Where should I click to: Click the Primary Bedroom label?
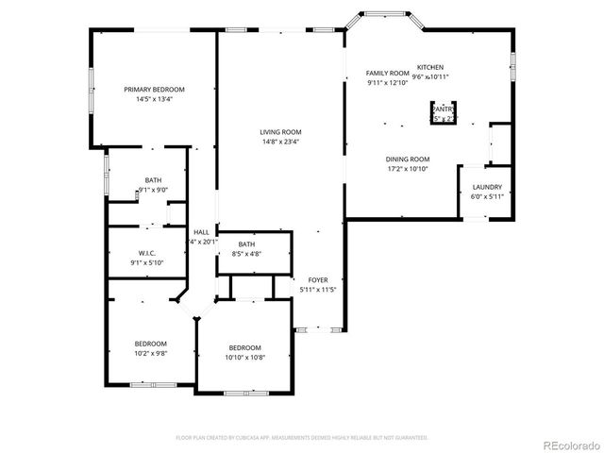click(154, 89)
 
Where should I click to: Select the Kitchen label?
click(431, 67)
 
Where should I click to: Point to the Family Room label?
click(387, 73)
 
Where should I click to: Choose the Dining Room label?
click(408, 159)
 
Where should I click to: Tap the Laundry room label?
click(487, 187)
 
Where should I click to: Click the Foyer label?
click(317, 280)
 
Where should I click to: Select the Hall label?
click(202, 232)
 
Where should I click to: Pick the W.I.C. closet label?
click(146, 253)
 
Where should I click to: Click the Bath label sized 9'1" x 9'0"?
click(153, 179)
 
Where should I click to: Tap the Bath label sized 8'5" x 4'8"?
click(246, 244)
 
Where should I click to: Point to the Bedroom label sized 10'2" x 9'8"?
click(150, 344)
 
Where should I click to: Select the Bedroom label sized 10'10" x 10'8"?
click(243, 347)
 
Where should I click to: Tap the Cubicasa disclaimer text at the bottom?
click(302, 438)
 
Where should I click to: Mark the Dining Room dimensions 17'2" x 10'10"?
click(408, 169)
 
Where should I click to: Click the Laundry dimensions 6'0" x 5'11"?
click(487, 196)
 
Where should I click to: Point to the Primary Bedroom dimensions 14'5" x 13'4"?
click(154, 98)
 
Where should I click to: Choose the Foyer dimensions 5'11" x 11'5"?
click(317, 290)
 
